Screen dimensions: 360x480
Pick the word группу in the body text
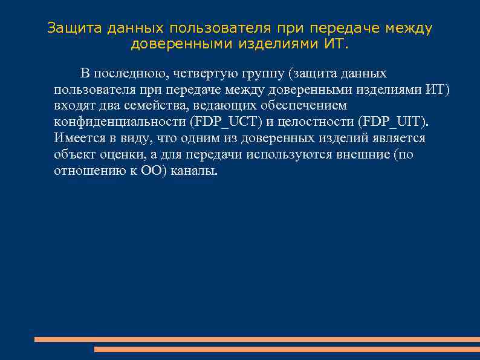[264, 74]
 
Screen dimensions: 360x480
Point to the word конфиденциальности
[119, 122]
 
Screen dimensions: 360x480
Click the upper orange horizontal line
[257, 339]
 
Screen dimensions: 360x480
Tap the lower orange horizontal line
[287, 349]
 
